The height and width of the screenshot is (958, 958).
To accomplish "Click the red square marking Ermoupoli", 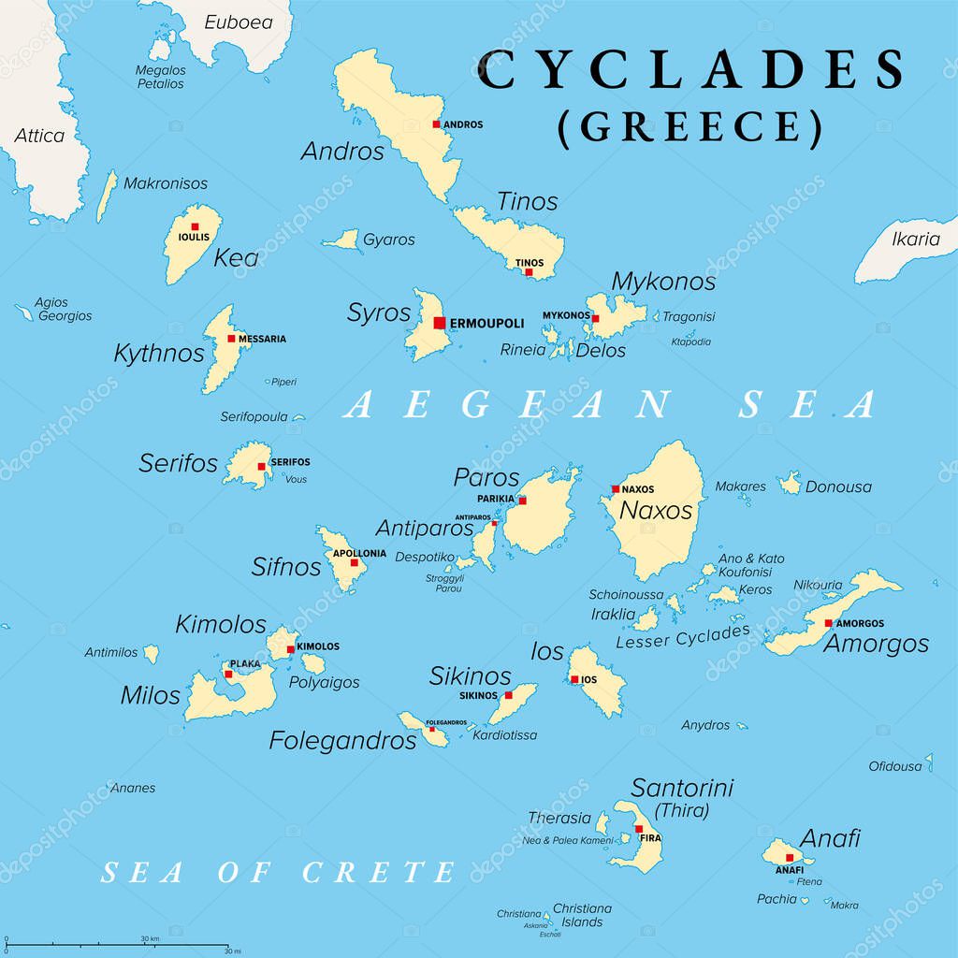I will click(440, 323).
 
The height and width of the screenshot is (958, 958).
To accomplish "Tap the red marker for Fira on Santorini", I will click(639, 829).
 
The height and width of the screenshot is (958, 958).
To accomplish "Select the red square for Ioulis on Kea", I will click(195, 226).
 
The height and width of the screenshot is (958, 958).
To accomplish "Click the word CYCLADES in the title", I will click(691, 72).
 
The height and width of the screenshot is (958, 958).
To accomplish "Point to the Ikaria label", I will click(915, 239).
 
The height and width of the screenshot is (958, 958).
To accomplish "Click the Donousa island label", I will click(838, 486).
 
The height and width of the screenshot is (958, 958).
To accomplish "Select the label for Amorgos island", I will click(876, 644).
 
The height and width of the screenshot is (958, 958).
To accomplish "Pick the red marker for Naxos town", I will click(615, 489).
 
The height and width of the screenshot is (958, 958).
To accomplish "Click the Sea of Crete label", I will click(278, 873).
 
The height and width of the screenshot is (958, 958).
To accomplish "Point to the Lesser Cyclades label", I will click(683, 637).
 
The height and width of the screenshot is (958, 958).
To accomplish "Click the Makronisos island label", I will click(166, 183).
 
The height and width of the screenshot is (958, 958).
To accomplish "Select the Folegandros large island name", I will click(342, 740).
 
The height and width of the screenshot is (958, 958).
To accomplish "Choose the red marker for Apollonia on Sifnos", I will click(354, 563).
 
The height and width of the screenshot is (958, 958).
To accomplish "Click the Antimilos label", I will click(110, 652).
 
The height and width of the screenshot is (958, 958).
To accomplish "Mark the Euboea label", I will click(239, 22).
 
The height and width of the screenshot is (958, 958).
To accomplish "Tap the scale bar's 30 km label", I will click(150, 938).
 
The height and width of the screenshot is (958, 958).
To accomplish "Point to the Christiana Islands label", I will click(582, 915).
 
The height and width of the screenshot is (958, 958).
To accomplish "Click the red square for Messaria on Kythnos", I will click(231, 339).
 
